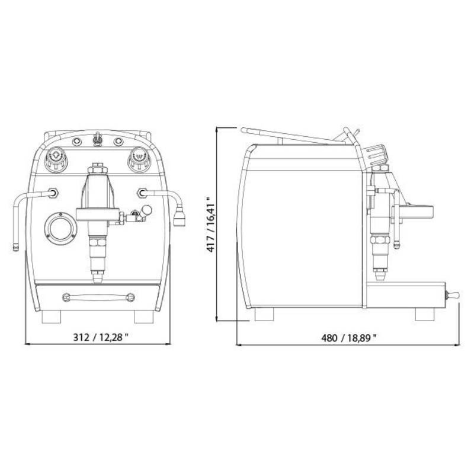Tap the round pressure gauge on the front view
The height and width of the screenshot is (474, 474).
pos(60,228)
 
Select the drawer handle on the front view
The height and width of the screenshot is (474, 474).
pos(98,297)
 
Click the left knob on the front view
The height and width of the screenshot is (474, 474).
pos(56,158)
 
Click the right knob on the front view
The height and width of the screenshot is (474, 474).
pos(139,158)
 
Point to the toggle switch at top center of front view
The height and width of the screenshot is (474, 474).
pos(97,139)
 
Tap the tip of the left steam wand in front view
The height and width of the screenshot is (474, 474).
pos(16,248)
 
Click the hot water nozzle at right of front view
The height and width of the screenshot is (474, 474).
pos(180,216)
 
